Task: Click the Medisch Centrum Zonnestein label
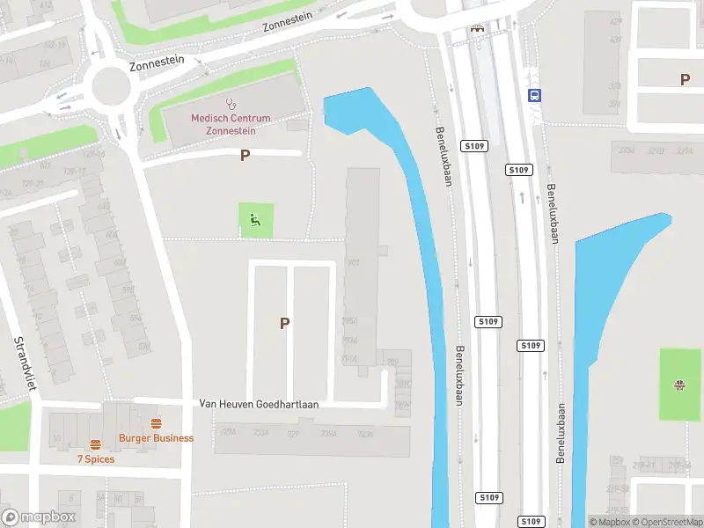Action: [231, 124]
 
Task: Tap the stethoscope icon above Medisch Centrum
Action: [231, 105]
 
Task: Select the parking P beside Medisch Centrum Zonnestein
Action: [245, 156]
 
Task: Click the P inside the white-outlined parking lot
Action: [284, 324]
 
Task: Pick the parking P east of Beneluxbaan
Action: [685, 79]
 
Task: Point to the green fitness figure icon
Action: [256, 220]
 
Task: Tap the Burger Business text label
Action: [157, 438]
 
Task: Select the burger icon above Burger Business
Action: [156, 423]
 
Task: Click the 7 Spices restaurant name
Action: [95, 459]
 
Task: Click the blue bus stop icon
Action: [533, 95]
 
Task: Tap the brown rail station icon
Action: [478, 28]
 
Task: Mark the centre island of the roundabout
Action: [110, 84]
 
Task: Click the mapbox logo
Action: [39, 517]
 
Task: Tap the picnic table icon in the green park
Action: [678, 385]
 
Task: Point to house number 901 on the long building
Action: [354, 262]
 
